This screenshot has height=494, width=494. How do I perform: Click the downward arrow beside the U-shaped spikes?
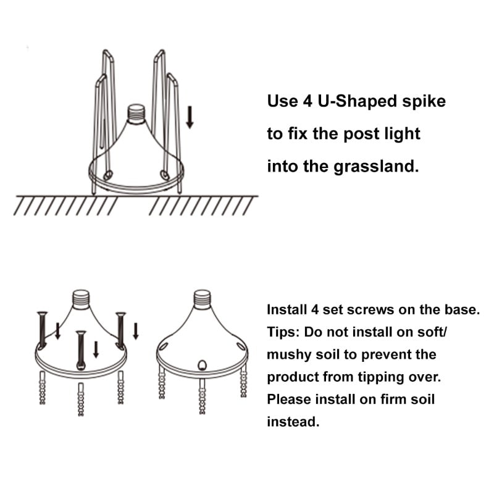pos(190,117)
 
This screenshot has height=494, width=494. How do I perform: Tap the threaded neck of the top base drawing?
pos(136,114)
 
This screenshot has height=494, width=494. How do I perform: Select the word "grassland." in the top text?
pos(376,166)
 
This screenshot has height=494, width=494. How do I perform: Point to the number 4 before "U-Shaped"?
pos(307,101)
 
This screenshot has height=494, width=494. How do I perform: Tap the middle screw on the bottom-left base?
pos(81,350)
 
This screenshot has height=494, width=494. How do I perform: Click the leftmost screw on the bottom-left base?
pos(42,330)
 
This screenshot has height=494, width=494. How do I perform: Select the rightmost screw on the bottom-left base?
pos(120,331)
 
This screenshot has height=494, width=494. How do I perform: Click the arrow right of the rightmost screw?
pos(136,331)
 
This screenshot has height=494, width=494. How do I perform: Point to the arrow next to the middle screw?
pos(96,350)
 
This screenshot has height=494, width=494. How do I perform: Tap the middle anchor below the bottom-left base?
pos(81,399)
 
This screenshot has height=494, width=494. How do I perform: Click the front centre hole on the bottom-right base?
pos(202,365)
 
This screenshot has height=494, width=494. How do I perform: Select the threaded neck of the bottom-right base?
pos(202,299)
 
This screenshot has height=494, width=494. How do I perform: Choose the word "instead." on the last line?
pos(293,422)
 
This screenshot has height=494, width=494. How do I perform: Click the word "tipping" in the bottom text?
pos(380,377)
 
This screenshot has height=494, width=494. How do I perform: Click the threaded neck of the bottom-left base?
pos(81,299)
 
